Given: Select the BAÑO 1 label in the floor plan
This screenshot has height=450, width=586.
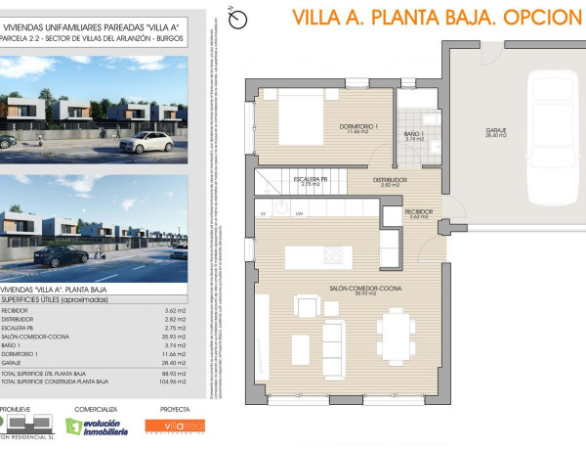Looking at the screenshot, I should (x=414, y=133).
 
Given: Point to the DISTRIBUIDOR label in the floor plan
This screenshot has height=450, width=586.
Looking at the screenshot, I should (x=390, y=180).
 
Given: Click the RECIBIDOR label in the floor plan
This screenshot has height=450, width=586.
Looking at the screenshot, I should (x=418, y=212).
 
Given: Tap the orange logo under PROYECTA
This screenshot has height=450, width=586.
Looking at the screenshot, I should (x=176, y=426).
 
